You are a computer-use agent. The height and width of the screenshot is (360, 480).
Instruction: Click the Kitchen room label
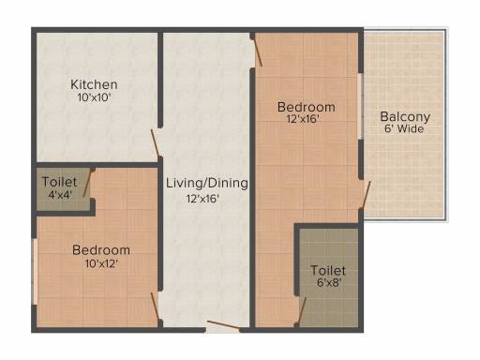pyautogui.click(x=94, y=84)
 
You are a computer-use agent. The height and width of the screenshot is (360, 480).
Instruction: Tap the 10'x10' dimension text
pyautogui.click(x=95, y=97)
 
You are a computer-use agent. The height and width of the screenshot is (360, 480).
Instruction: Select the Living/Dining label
pyautogui.click(x=207, y=183)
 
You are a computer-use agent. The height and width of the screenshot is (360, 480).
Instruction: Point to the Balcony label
pyautogui.click(x=405, y=117)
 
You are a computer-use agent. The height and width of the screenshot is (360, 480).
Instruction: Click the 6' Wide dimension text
pyautogui.click(x=404, y=128)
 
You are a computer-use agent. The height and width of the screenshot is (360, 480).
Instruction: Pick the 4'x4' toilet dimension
pyautogui.click(x=60, y=195)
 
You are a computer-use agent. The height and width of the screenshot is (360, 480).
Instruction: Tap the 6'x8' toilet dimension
pyautogui.click(x=329, y=283)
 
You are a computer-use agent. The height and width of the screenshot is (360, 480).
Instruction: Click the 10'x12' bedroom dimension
pyautogui.click(x=101, y=263)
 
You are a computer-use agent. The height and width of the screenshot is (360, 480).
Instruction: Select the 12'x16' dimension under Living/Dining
pyautogui.click(x=202, y=199)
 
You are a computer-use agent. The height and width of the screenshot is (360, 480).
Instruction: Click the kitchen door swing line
pyautogui.click(x=156, y=142)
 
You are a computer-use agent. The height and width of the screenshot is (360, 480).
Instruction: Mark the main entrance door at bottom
pyautogui.click(x=223, y=324)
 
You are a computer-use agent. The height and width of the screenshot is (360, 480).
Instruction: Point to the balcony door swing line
pyautogui.click(x=366, y=195)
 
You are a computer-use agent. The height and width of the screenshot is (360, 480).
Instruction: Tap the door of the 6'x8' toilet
pyautogui.click(x=301, y=311)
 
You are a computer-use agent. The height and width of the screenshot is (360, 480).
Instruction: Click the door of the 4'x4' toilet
pyautogui.click(x=87, y=183)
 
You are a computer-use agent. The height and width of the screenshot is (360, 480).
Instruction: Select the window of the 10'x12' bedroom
pyautogui.click(x=35, y=272)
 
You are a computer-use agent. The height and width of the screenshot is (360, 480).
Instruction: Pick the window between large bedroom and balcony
pyautogui.click(x=361, y=106)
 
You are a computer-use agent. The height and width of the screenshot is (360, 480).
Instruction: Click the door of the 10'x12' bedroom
pyautogui.click(x=156, y=307)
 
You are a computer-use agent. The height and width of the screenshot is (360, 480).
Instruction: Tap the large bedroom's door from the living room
pyautogui.click(x=258, y=51)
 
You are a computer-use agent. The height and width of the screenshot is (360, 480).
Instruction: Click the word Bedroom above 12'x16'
pyautogui.click(x=307, y=107)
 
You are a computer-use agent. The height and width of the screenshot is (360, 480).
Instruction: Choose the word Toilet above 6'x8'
pyautogui.click(x=328, y=271)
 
